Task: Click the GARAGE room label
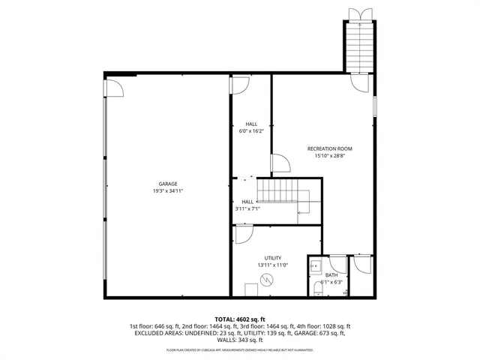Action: coord(167,184)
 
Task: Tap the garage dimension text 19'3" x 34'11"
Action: coord(167,191)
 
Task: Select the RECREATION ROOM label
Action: coord(329,148)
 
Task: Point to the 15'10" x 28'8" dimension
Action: coord(329,156)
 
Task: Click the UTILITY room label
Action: coord(272,258)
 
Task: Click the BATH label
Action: coord(331,274)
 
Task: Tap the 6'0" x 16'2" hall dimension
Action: coord(251,131)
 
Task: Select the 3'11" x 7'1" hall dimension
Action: coord(247,209)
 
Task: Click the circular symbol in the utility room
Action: coord(265,280)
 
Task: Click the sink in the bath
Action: coord(315,265)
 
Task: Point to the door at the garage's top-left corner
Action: coord(115,88)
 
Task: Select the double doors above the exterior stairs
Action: coord(358,13)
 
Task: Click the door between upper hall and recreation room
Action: coord(278,164)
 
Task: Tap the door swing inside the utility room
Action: coord(244,235)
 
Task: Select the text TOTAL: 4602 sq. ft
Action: coord(240,319)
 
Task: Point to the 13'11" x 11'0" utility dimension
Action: coord(272,265)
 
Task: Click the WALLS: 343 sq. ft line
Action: coord(240,341)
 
